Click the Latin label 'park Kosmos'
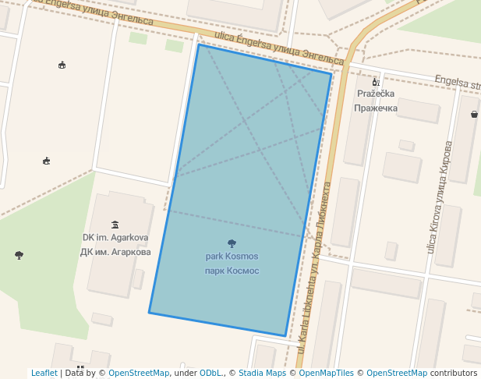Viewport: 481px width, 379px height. (232, 257)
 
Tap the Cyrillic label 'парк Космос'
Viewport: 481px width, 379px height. (232, 271)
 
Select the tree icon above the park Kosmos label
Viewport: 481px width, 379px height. (232, 243)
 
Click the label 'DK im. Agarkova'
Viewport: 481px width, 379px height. (115, 238)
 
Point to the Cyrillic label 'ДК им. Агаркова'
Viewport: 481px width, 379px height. (115, 252)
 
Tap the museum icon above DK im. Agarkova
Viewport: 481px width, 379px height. (115, 225)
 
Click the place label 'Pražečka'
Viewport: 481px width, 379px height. (376, 94)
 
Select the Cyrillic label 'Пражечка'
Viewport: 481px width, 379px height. (376, 108)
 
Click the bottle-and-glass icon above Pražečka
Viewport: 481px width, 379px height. (375, 81)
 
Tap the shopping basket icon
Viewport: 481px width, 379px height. (474, 114)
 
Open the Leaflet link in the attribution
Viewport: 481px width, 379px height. (44, 374)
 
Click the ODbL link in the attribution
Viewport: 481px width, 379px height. (210, 374)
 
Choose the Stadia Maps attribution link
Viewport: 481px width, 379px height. (261, 374)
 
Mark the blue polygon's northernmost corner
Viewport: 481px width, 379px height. (199, 44)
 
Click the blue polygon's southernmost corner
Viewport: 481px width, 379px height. (285, 336)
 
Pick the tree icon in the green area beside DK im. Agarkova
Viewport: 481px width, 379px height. (19, 255)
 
